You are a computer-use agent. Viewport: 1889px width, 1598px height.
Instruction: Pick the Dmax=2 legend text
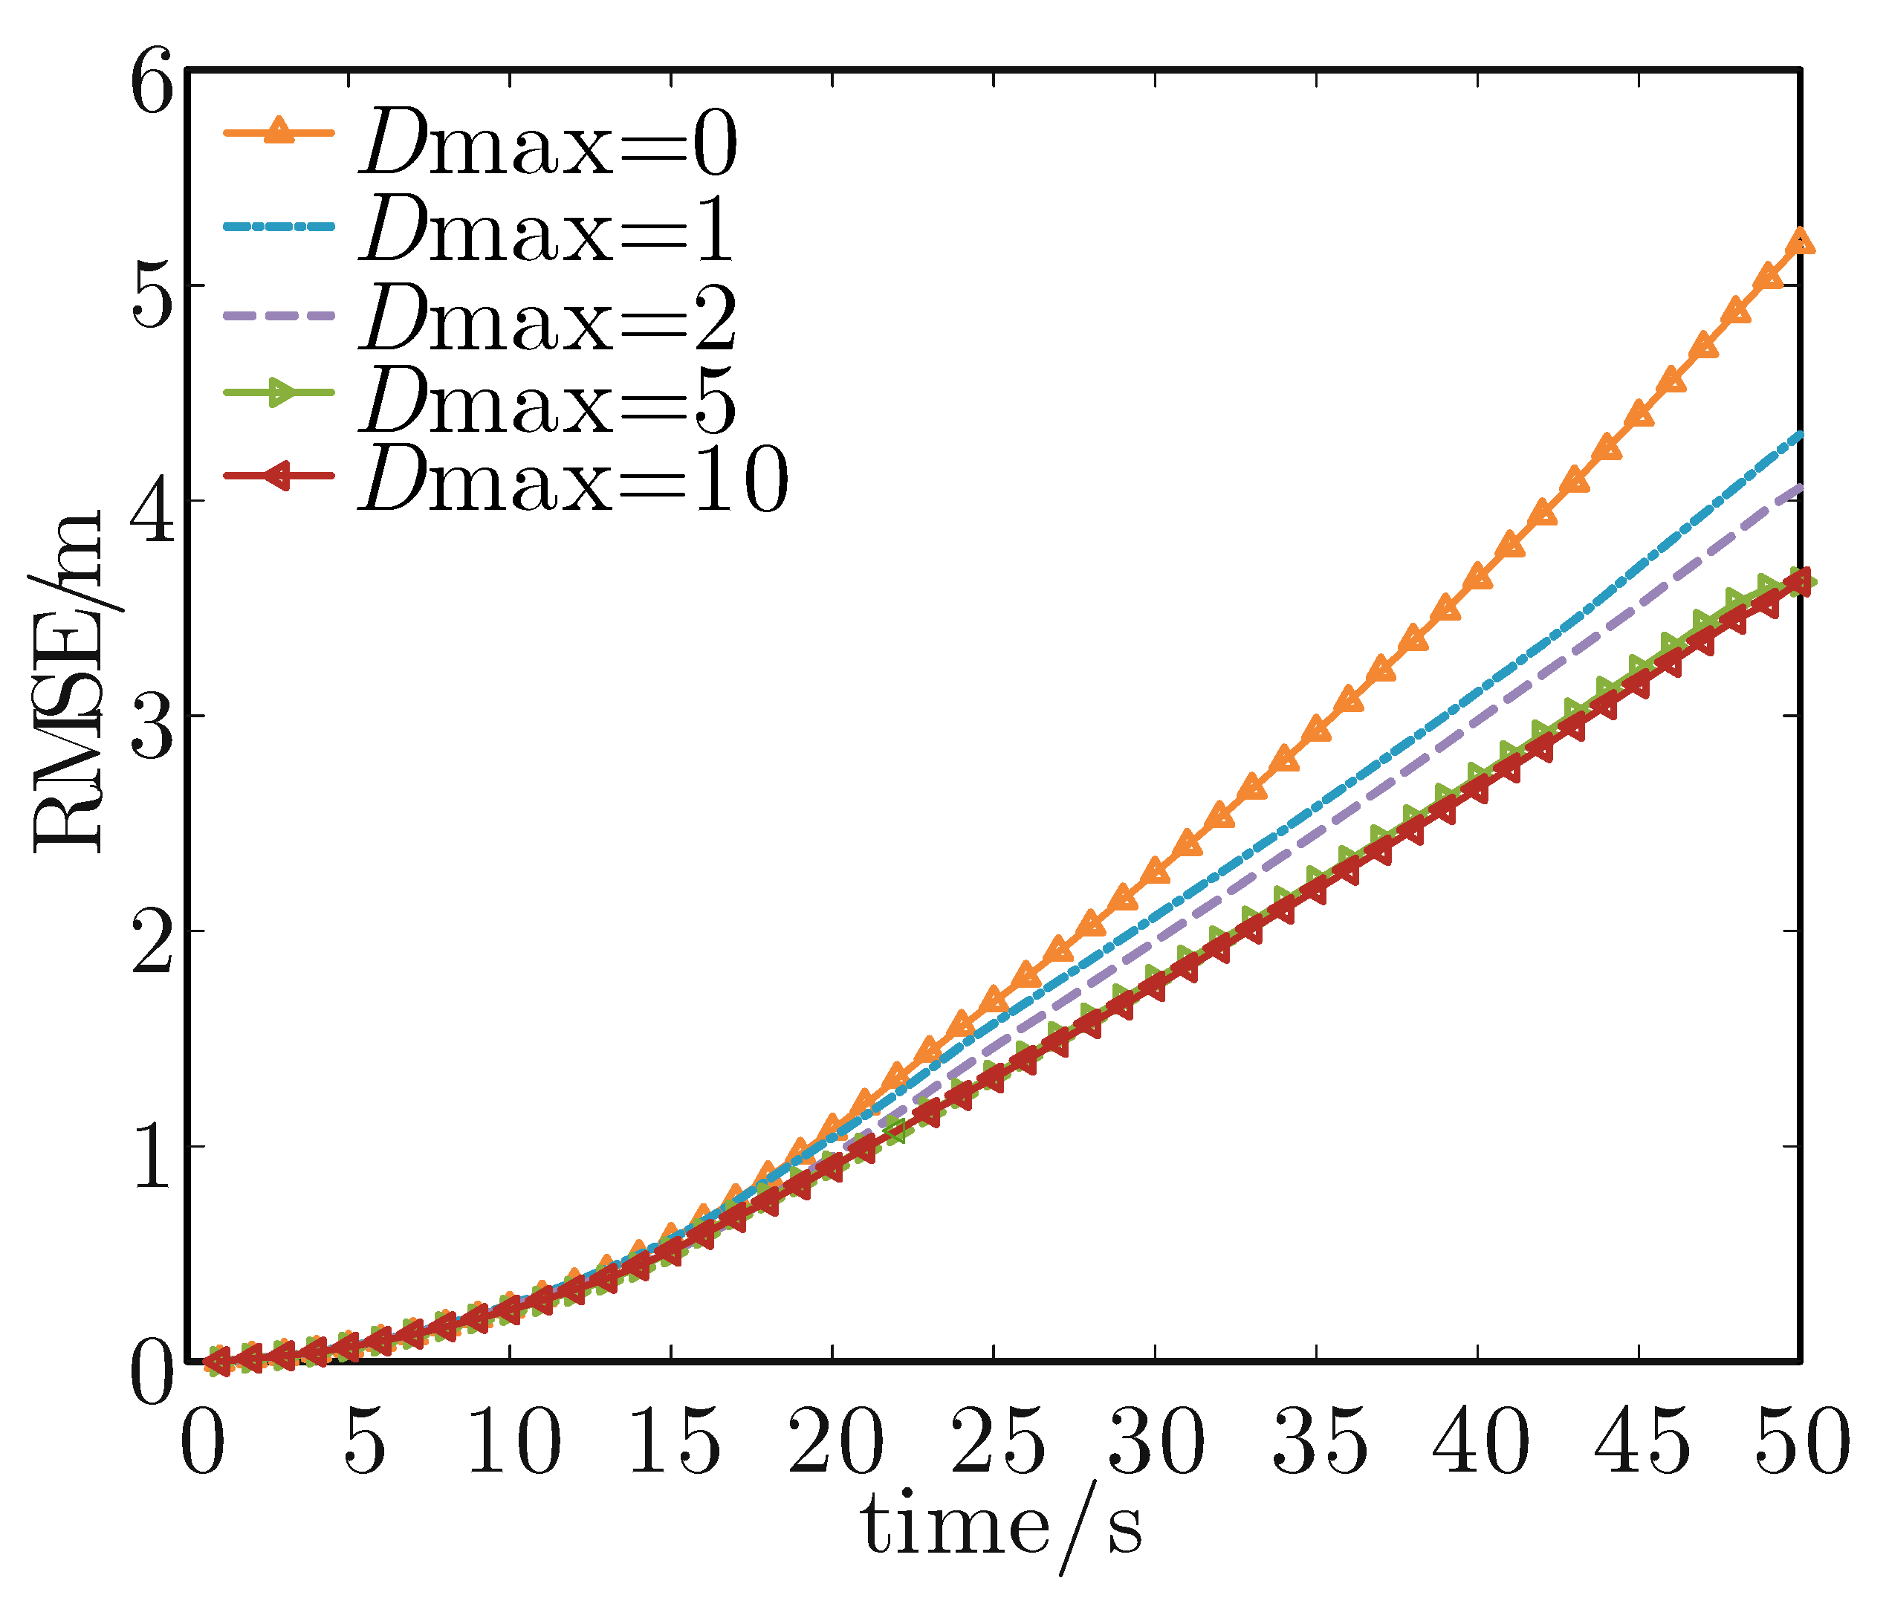pyautogui.click(x=548, y=318)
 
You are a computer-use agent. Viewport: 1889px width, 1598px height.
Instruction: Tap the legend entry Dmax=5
pyautogui.click(x=548, y=401)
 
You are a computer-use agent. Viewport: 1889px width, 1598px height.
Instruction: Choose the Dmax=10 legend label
pyautogui.click(x=573, y=481)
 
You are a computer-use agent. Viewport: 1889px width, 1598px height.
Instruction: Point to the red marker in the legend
pyautogui.click(x=277, y=476)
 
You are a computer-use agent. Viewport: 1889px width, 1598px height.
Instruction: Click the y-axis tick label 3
pyautogui.click(x=152, y=730)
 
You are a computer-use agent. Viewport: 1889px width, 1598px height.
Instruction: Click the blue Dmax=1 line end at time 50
pyautogui.click(x=1799, y=435)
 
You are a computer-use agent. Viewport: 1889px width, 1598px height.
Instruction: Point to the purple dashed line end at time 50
pyautogui.click(x=1799, y=488)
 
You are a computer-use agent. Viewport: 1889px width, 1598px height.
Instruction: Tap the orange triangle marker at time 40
pyautogui.click(x=1478, y=576)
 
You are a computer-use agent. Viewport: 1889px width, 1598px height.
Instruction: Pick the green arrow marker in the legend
pyautogui.click(x=281, y=393)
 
